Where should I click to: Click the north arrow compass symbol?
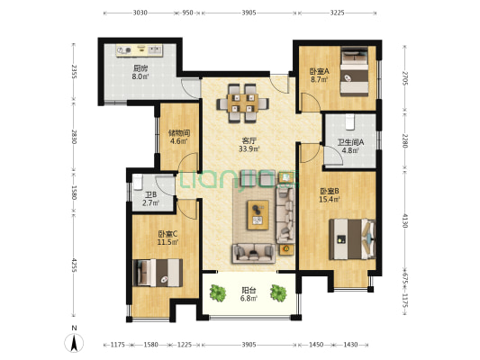(74, 342)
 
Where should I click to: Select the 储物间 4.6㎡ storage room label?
(179, 137)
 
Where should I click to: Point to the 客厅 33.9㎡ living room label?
(249, 145)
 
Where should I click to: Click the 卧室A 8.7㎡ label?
(320, 76)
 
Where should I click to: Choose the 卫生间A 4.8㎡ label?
(350, 146)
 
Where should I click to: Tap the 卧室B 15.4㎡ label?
(330, 195)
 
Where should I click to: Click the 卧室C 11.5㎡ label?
(168, 238)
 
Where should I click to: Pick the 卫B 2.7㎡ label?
(150, 199)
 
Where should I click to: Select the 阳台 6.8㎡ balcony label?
(249, 294)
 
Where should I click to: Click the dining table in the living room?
(243, 103)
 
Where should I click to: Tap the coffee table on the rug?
(258, 215)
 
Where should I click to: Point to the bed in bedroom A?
(355, 72)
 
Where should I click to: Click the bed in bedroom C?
(158, 273)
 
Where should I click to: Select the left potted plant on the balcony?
(218, 293)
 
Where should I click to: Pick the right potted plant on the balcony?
(278, 293)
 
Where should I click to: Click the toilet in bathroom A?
(349, 121)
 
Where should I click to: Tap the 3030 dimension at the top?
(140, 13)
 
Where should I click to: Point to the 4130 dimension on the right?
(404, 220)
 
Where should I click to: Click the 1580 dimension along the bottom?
(151, 345)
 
